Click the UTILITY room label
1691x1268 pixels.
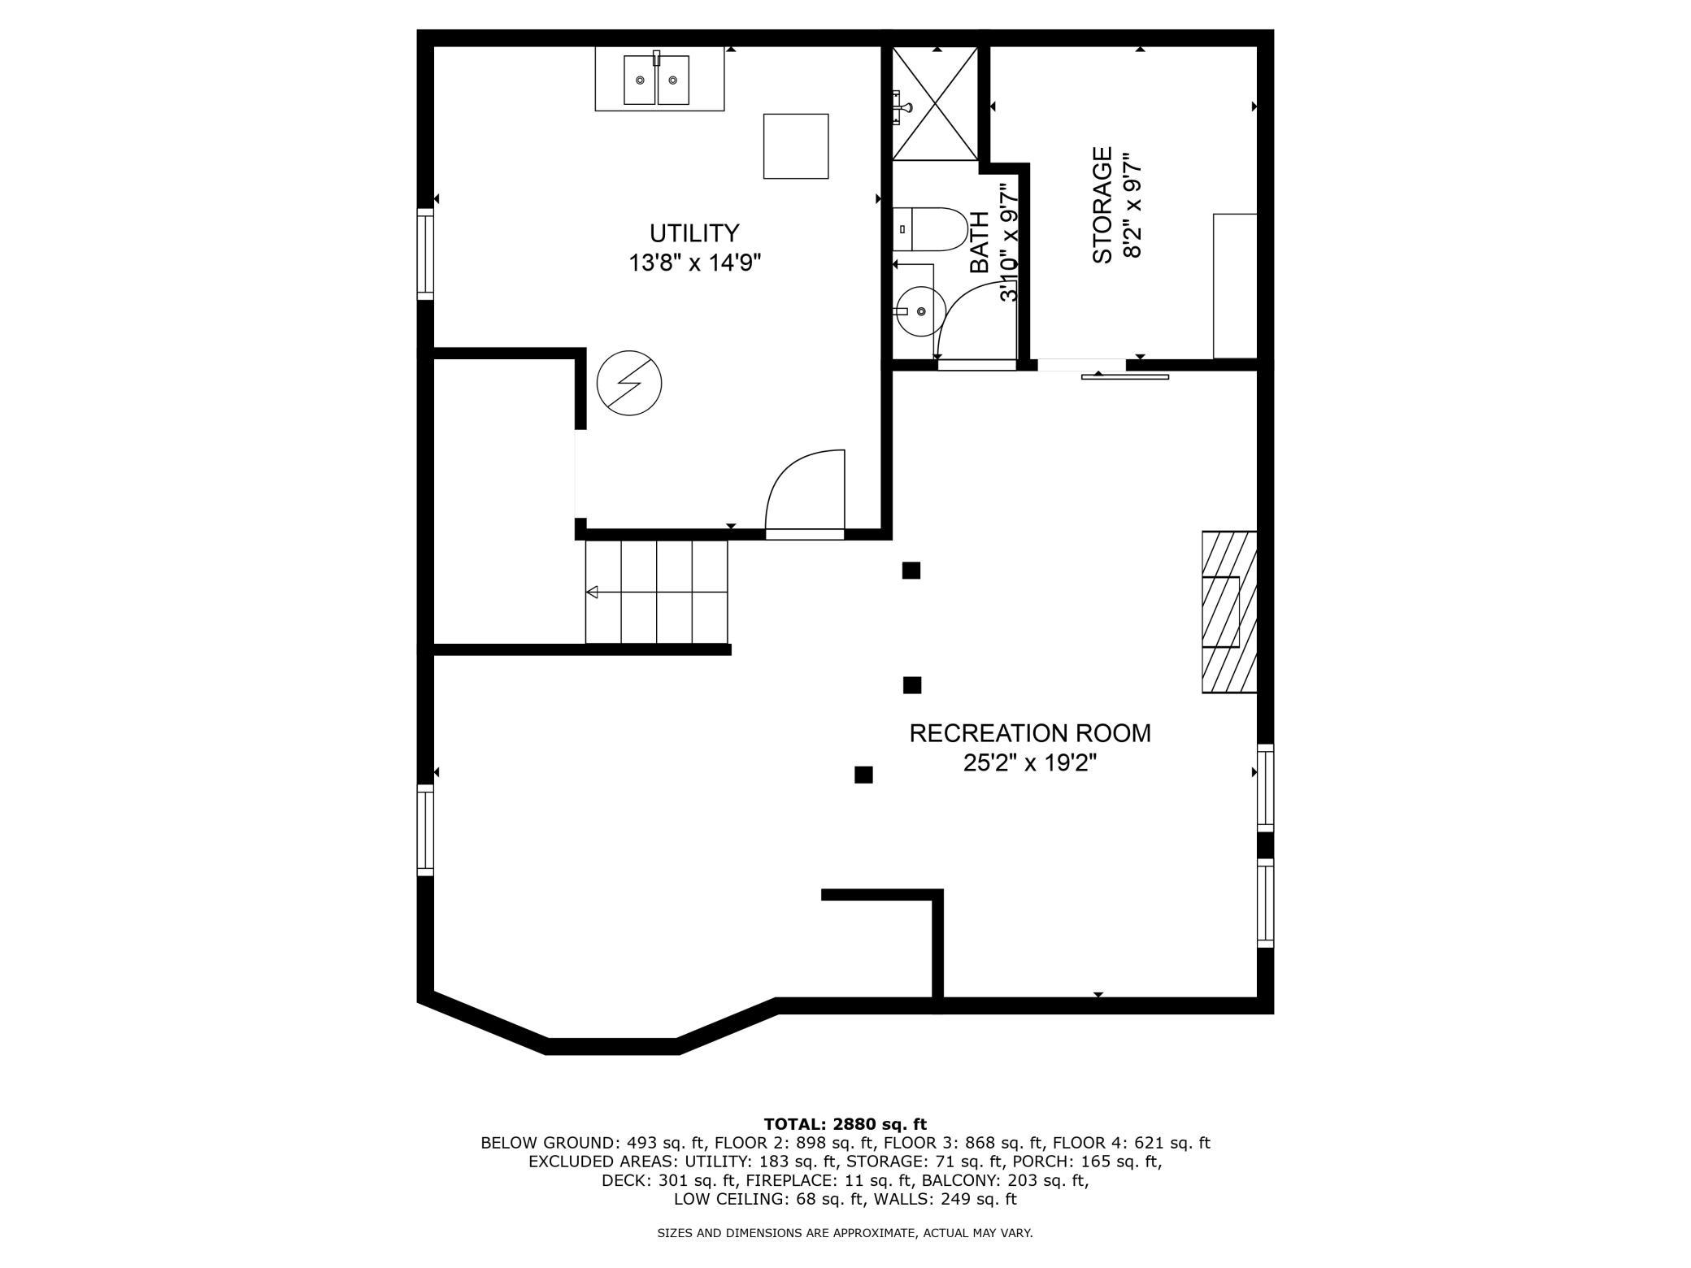click(x=694, y=233)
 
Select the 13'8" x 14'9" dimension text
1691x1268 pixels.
click(x=695, y=263)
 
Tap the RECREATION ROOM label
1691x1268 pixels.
click(x=1030, y=733)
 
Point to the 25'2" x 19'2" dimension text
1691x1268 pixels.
click(x=1030, y=763)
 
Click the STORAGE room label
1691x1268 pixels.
click(x=1102, y=205)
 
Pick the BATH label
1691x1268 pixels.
click(x=980, y=242)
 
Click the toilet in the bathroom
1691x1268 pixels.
click(x=930, y=230)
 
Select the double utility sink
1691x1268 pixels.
click(x=657, y=80)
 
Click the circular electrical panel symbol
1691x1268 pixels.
click(x=629, y=383)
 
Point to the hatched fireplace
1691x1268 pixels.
click(x=1230, y=612)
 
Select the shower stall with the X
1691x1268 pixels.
click(x=935, y=103)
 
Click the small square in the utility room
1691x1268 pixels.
click(x=796, y=146)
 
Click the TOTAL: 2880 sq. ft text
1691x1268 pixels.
click(x=845, y=1124)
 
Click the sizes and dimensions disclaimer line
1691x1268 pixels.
click(x=845, y=1233)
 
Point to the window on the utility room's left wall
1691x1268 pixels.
click(x=425, y=254)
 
